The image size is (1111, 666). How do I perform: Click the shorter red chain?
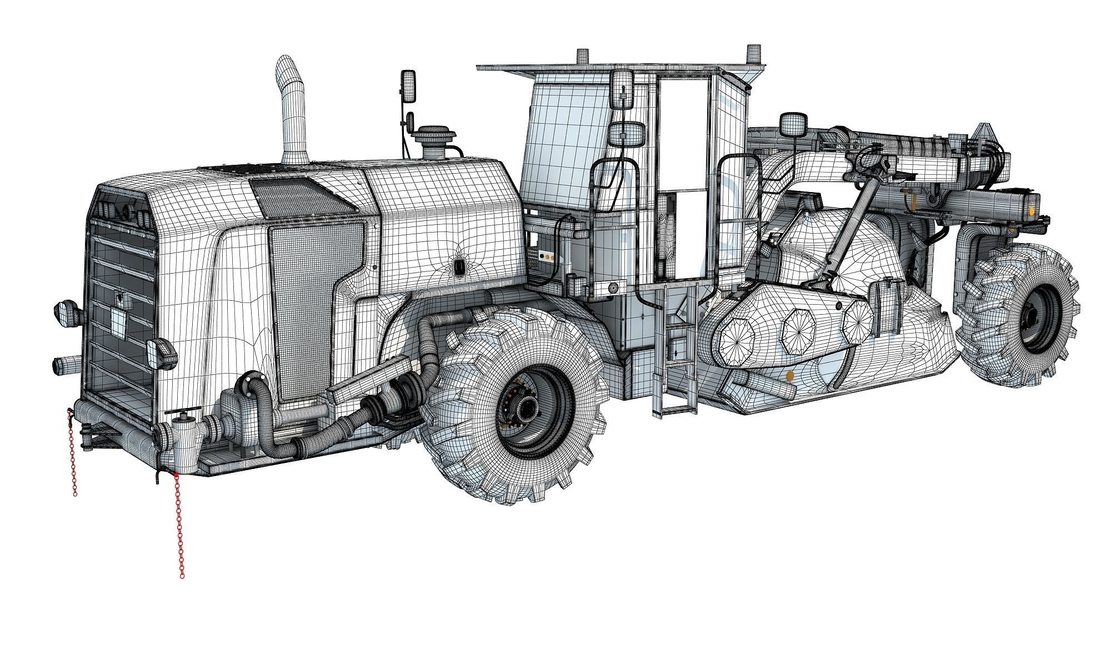coord(72,452)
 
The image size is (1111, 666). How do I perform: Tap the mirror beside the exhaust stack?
coord(408,87)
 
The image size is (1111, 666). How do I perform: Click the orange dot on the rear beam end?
coord(1031,211)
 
